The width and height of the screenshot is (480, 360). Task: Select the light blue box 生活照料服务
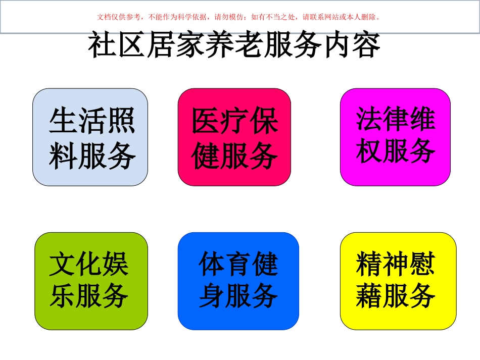point(90,137)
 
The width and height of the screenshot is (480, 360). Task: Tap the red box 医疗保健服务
point(234,137)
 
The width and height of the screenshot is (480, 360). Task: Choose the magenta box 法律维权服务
point(395,136)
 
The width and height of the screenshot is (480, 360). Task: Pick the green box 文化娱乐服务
point(91,281)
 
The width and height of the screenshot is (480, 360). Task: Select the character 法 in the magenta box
point(369,119)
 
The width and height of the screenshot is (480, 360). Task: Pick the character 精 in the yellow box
point(369,265)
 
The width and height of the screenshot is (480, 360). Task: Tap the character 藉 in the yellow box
point(369,295)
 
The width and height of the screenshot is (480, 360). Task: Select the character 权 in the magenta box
point(369,150)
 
